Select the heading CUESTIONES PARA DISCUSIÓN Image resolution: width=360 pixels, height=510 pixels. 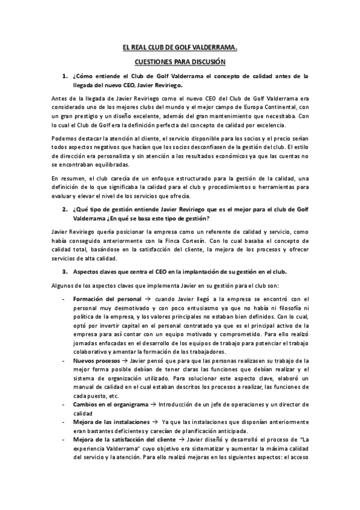pyautogui.click(x=180, y=61)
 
